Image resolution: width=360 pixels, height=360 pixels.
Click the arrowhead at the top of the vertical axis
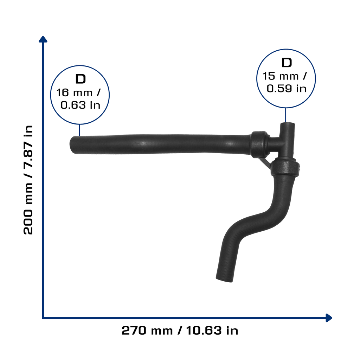43,39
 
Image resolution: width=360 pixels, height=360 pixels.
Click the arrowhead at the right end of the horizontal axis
329,318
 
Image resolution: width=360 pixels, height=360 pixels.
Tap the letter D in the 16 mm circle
81,79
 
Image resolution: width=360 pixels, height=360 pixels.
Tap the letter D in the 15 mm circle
287,63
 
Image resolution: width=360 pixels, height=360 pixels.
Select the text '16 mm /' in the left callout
78,92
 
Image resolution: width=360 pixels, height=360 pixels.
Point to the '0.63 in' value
81,105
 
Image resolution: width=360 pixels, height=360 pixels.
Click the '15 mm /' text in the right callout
284,76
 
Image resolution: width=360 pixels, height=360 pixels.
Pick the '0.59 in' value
287,88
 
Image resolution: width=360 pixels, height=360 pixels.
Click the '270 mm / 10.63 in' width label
180,330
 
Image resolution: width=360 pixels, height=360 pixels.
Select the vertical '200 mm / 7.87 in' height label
28,180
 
